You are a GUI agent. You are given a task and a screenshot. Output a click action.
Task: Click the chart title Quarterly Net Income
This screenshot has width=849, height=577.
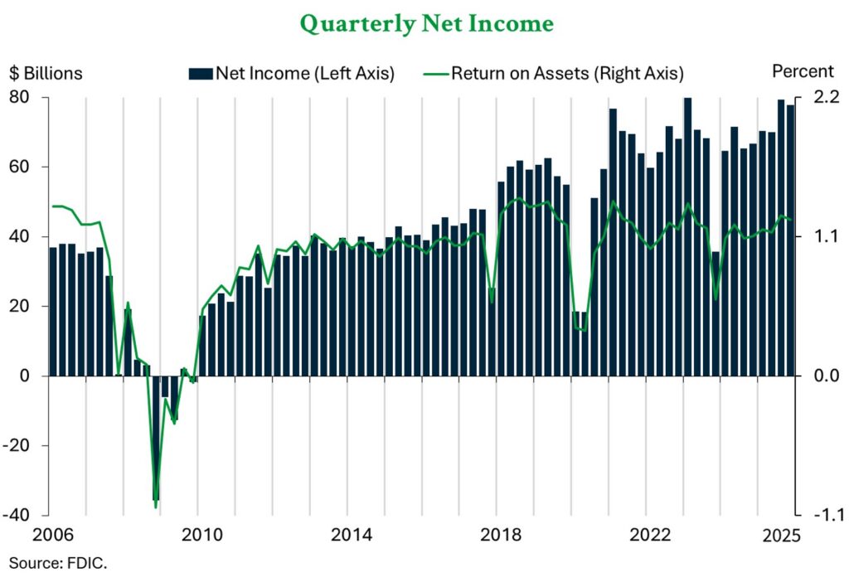coord(426,24)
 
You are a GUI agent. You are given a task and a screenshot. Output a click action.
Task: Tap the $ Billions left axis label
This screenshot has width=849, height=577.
coord(46,73)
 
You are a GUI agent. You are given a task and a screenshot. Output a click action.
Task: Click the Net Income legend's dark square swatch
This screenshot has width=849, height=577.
coord(201,74)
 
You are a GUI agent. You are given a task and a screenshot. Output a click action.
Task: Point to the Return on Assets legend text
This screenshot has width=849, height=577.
coord(567,74)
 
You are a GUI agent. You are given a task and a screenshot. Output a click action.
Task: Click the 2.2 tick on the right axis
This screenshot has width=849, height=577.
coord(816,98)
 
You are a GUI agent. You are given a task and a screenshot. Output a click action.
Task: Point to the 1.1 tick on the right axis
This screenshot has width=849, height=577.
coord(816,237)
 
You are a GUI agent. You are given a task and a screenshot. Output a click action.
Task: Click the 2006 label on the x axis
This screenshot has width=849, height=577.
coord(48,536)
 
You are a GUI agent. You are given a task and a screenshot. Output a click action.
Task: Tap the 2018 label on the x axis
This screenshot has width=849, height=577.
coord(496,536)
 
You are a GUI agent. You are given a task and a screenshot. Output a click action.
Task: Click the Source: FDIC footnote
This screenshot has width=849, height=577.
coord(58,563)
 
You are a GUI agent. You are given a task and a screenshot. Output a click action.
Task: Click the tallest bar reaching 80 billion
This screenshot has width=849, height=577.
coord(687,236)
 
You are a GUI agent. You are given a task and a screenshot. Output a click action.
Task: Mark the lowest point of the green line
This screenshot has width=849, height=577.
coord(155,506)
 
